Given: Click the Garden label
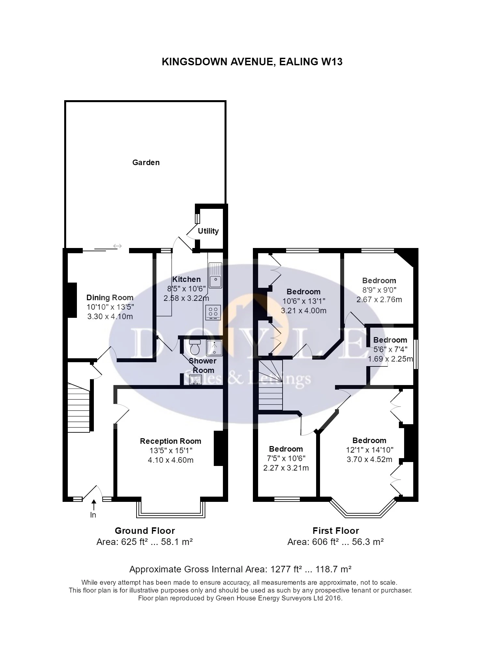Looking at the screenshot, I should pos(146,162).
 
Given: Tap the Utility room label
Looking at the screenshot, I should pos(208,231).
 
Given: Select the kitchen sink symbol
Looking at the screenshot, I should pos(215,276).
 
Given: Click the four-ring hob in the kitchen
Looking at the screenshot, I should pos(213,312).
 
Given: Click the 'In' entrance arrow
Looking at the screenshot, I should pos(94,505).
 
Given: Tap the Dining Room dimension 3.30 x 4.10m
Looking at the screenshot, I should pos(110,317).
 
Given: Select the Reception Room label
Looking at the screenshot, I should pos(170,441).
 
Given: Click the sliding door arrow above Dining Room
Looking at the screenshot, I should pos(117,246).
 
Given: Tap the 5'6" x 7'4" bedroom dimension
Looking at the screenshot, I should pos(390,349).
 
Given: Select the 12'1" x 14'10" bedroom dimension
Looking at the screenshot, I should pos(370,450).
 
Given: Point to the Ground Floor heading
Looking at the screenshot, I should pos(145,531).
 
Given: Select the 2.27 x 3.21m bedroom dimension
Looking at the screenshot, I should pos(286,468).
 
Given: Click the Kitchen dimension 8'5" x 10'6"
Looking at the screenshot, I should pos(186,289).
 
